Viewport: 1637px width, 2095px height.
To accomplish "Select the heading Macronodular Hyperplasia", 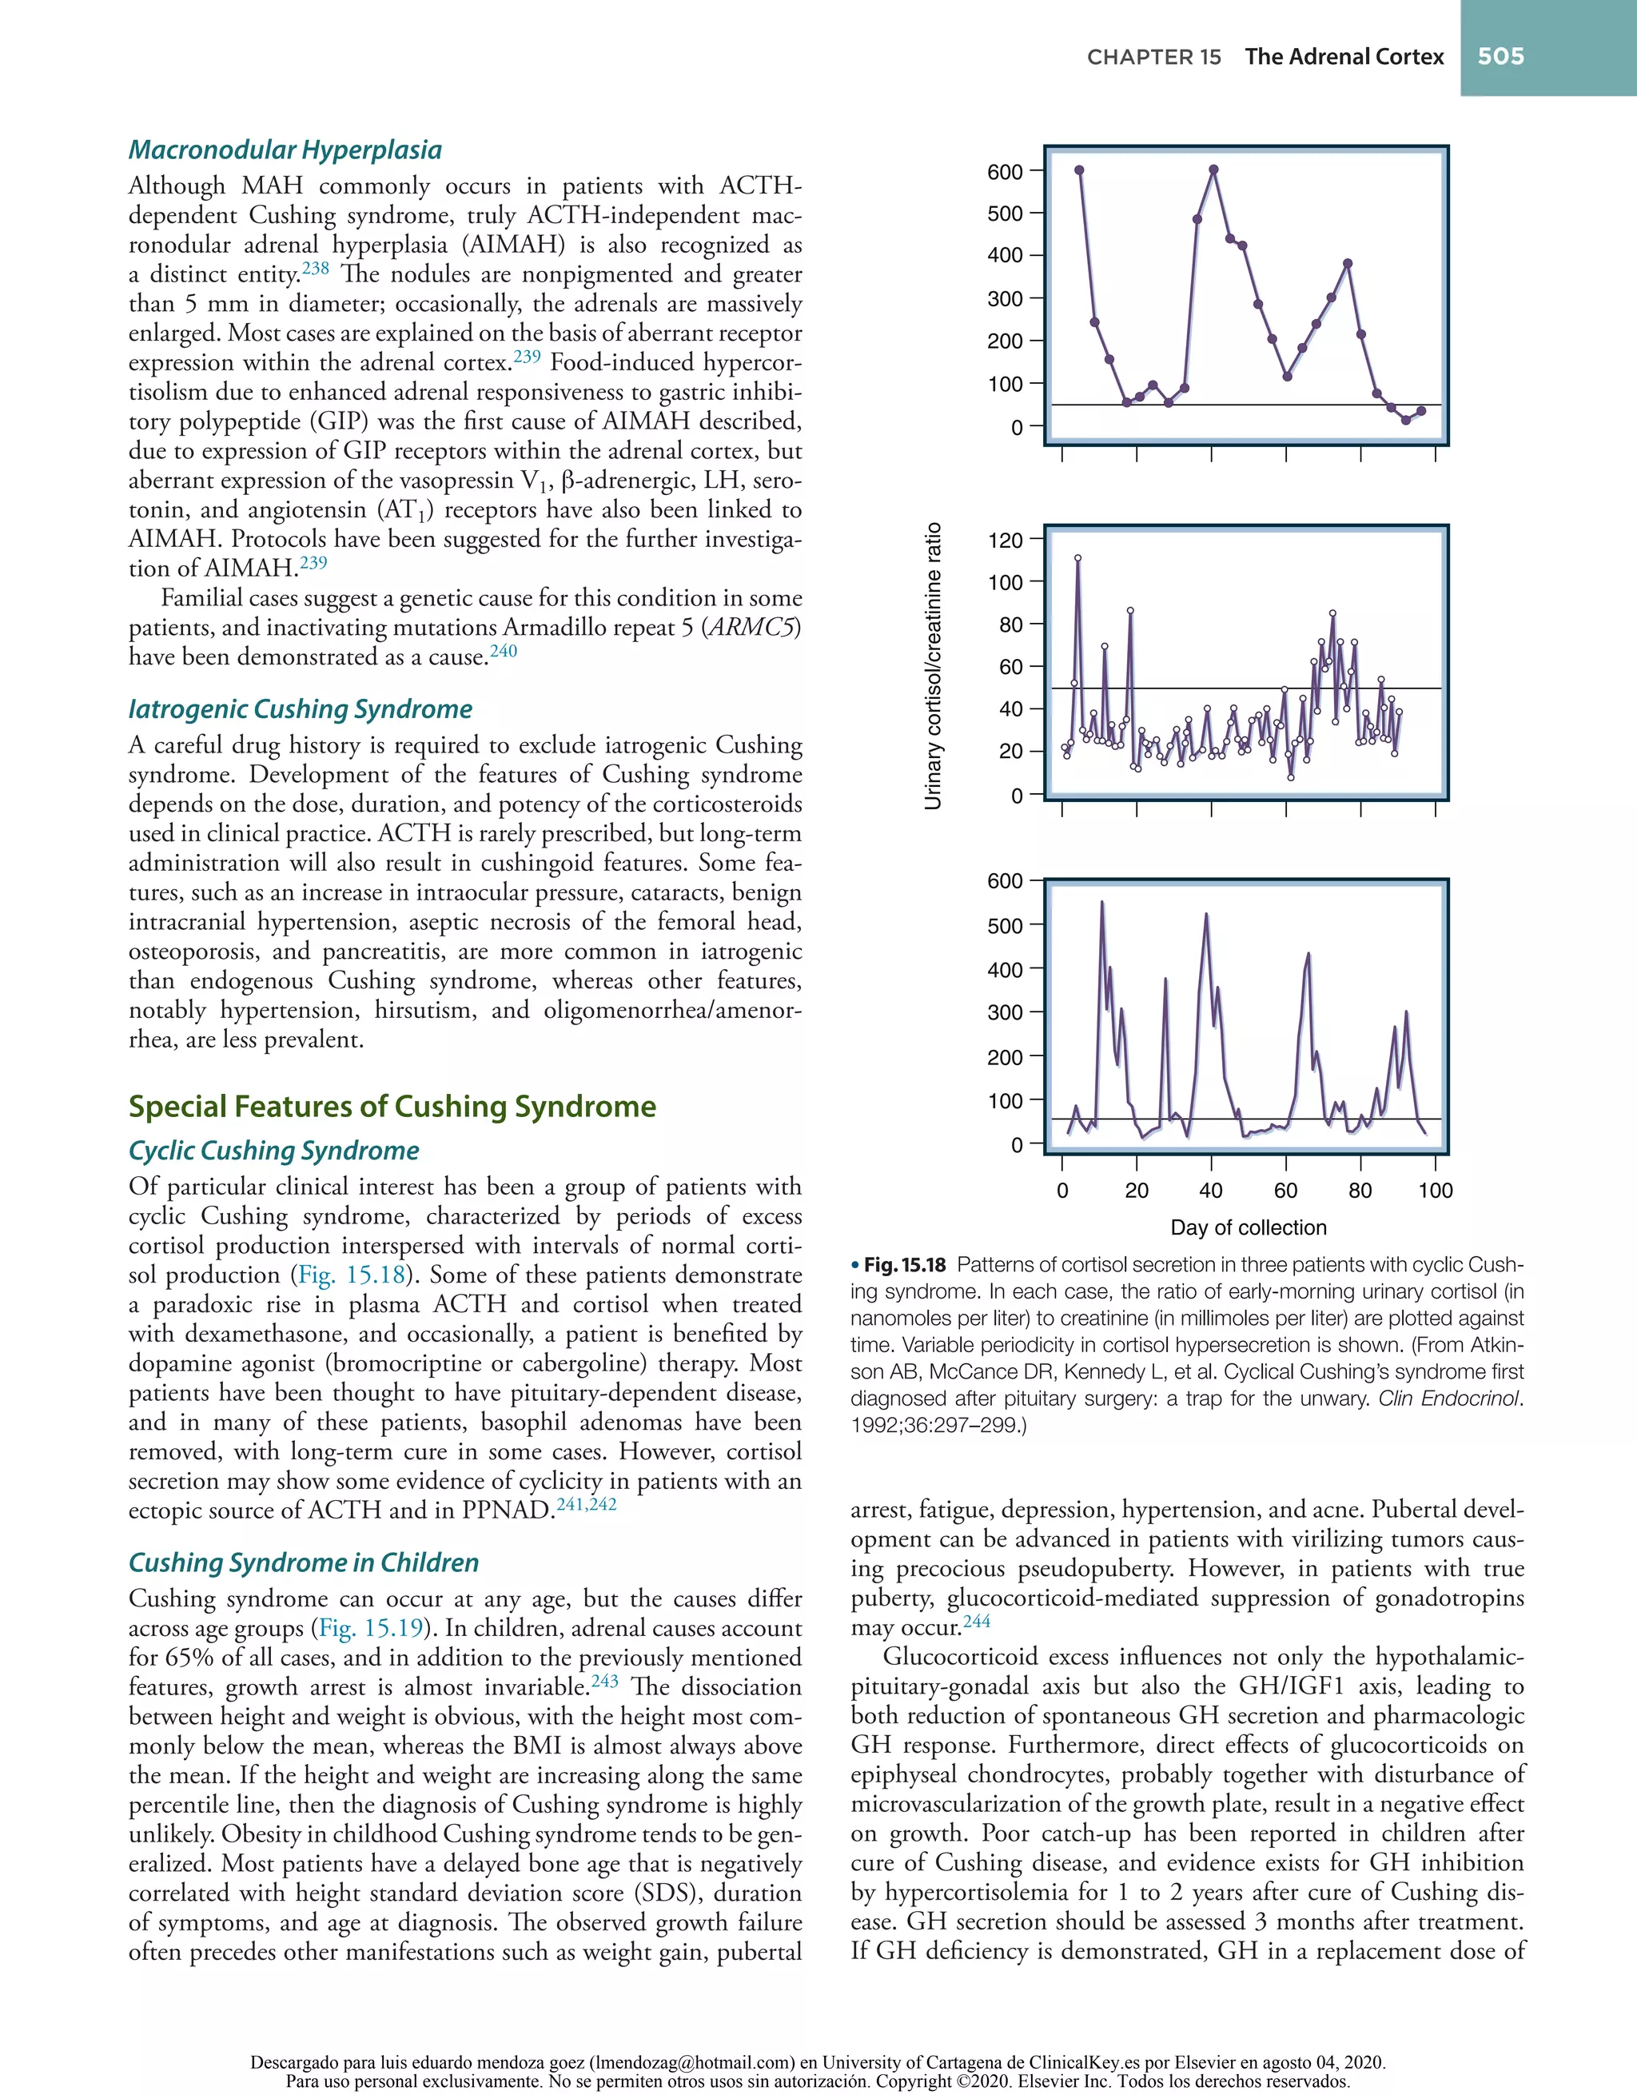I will tap(285, 150).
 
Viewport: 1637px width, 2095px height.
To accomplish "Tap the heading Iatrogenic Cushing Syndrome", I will tap(301, 709).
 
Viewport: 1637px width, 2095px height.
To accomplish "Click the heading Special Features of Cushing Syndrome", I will tap(392, 1106).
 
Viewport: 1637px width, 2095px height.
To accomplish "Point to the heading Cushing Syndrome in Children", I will tap(303, 1562).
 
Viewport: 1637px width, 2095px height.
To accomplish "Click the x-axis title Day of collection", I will tap(1248, 1228).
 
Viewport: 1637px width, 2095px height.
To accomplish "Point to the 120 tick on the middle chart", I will tap(1005, 540).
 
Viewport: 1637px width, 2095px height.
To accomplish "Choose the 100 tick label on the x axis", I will tap(1435, 1191).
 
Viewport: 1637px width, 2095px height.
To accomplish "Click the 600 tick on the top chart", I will tap(1005, 172).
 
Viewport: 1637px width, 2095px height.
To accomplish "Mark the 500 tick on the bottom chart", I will tap(1005, 926).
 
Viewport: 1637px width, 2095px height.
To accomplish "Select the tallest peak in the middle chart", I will tap(1078, 558).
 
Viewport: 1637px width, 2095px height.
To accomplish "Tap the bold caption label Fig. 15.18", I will tap(904, 1265).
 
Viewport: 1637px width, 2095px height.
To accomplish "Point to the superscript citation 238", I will tap(316, 269).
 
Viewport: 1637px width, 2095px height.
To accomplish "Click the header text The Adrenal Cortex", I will tap(1344, 57).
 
